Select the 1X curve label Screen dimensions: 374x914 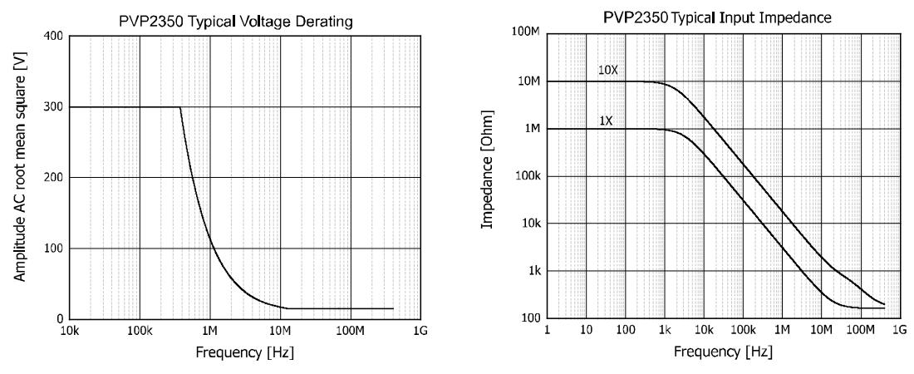605,120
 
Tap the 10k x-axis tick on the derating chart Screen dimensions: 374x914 70,330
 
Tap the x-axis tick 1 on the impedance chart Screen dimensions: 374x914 547,330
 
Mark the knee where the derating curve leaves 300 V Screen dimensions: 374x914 180,107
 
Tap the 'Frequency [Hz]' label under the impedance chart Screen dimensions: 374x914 723,351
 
